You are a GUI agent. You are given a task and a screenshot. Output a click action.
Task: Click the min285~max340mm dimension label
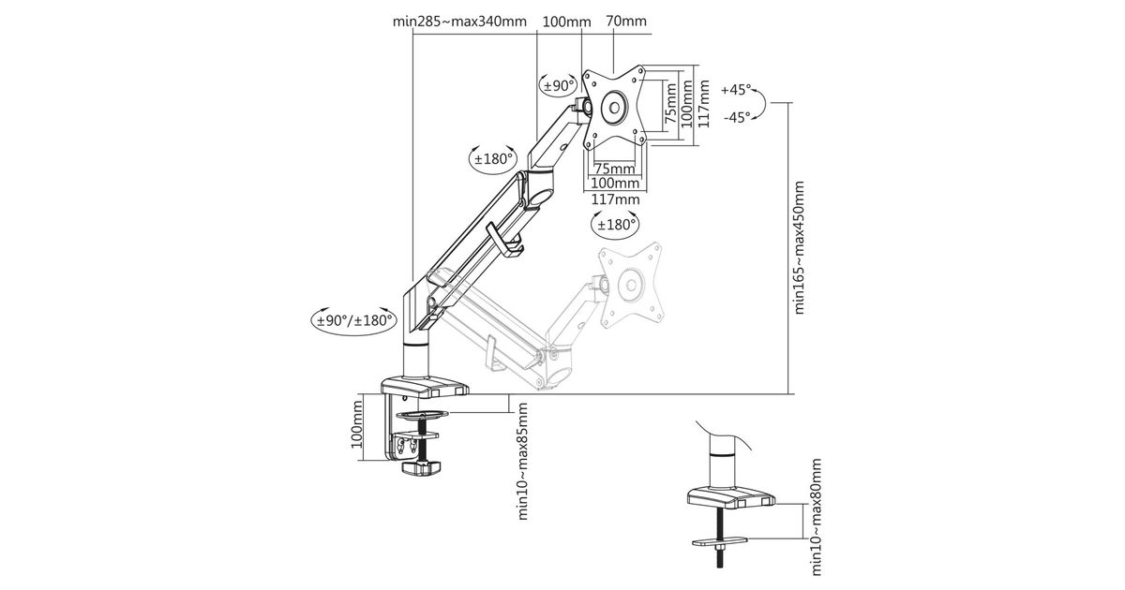(460, 21)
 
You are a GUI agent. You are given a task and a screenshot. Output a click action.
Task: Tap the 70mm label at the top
(626, 21)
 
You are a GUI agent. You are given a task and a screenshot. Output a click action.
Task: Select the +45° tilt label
(738, 90)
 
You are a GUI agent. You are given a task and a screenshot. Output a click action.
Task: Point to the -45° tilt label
(738, 117)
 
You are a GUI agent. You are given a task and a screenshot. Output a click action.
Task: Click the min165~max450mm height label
(800, 248)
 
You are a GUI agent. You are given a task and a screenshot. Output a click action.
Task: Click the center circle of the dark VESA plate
(614, 105)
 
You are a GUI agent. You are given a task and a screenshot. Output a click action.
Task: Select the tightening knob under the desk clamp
(421, 468)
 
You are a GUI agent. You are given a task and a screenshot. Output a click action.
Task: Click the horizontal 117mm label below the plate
(615, 199)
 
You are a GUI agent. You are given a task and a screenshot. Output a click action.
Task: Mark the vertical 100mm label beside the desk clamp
(356, 425)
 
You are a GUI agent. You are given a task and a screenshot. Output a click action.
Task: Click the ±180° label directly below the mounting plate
(615, 224)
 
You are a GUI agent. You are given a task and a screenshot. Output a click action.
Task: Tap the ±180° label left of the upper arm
(492, 158)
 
